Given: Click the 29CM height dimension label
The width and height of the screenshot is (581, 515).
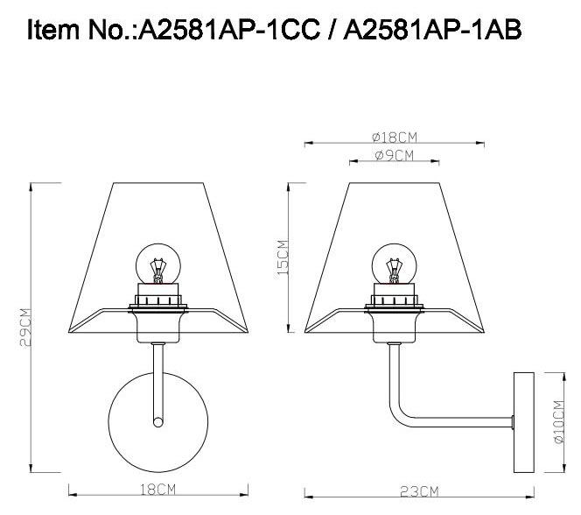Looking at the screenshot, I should (x=26, y=327).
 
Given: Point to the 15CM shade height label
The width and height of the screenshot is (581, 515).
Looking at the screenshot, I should (x=283, y=257).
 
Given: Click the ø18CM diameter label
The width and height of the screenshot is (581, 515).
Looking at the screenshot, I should (x=394, y=137).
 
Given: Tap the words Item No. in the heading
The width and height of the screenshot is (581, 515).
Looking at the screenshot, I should (x=80, y=31).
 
